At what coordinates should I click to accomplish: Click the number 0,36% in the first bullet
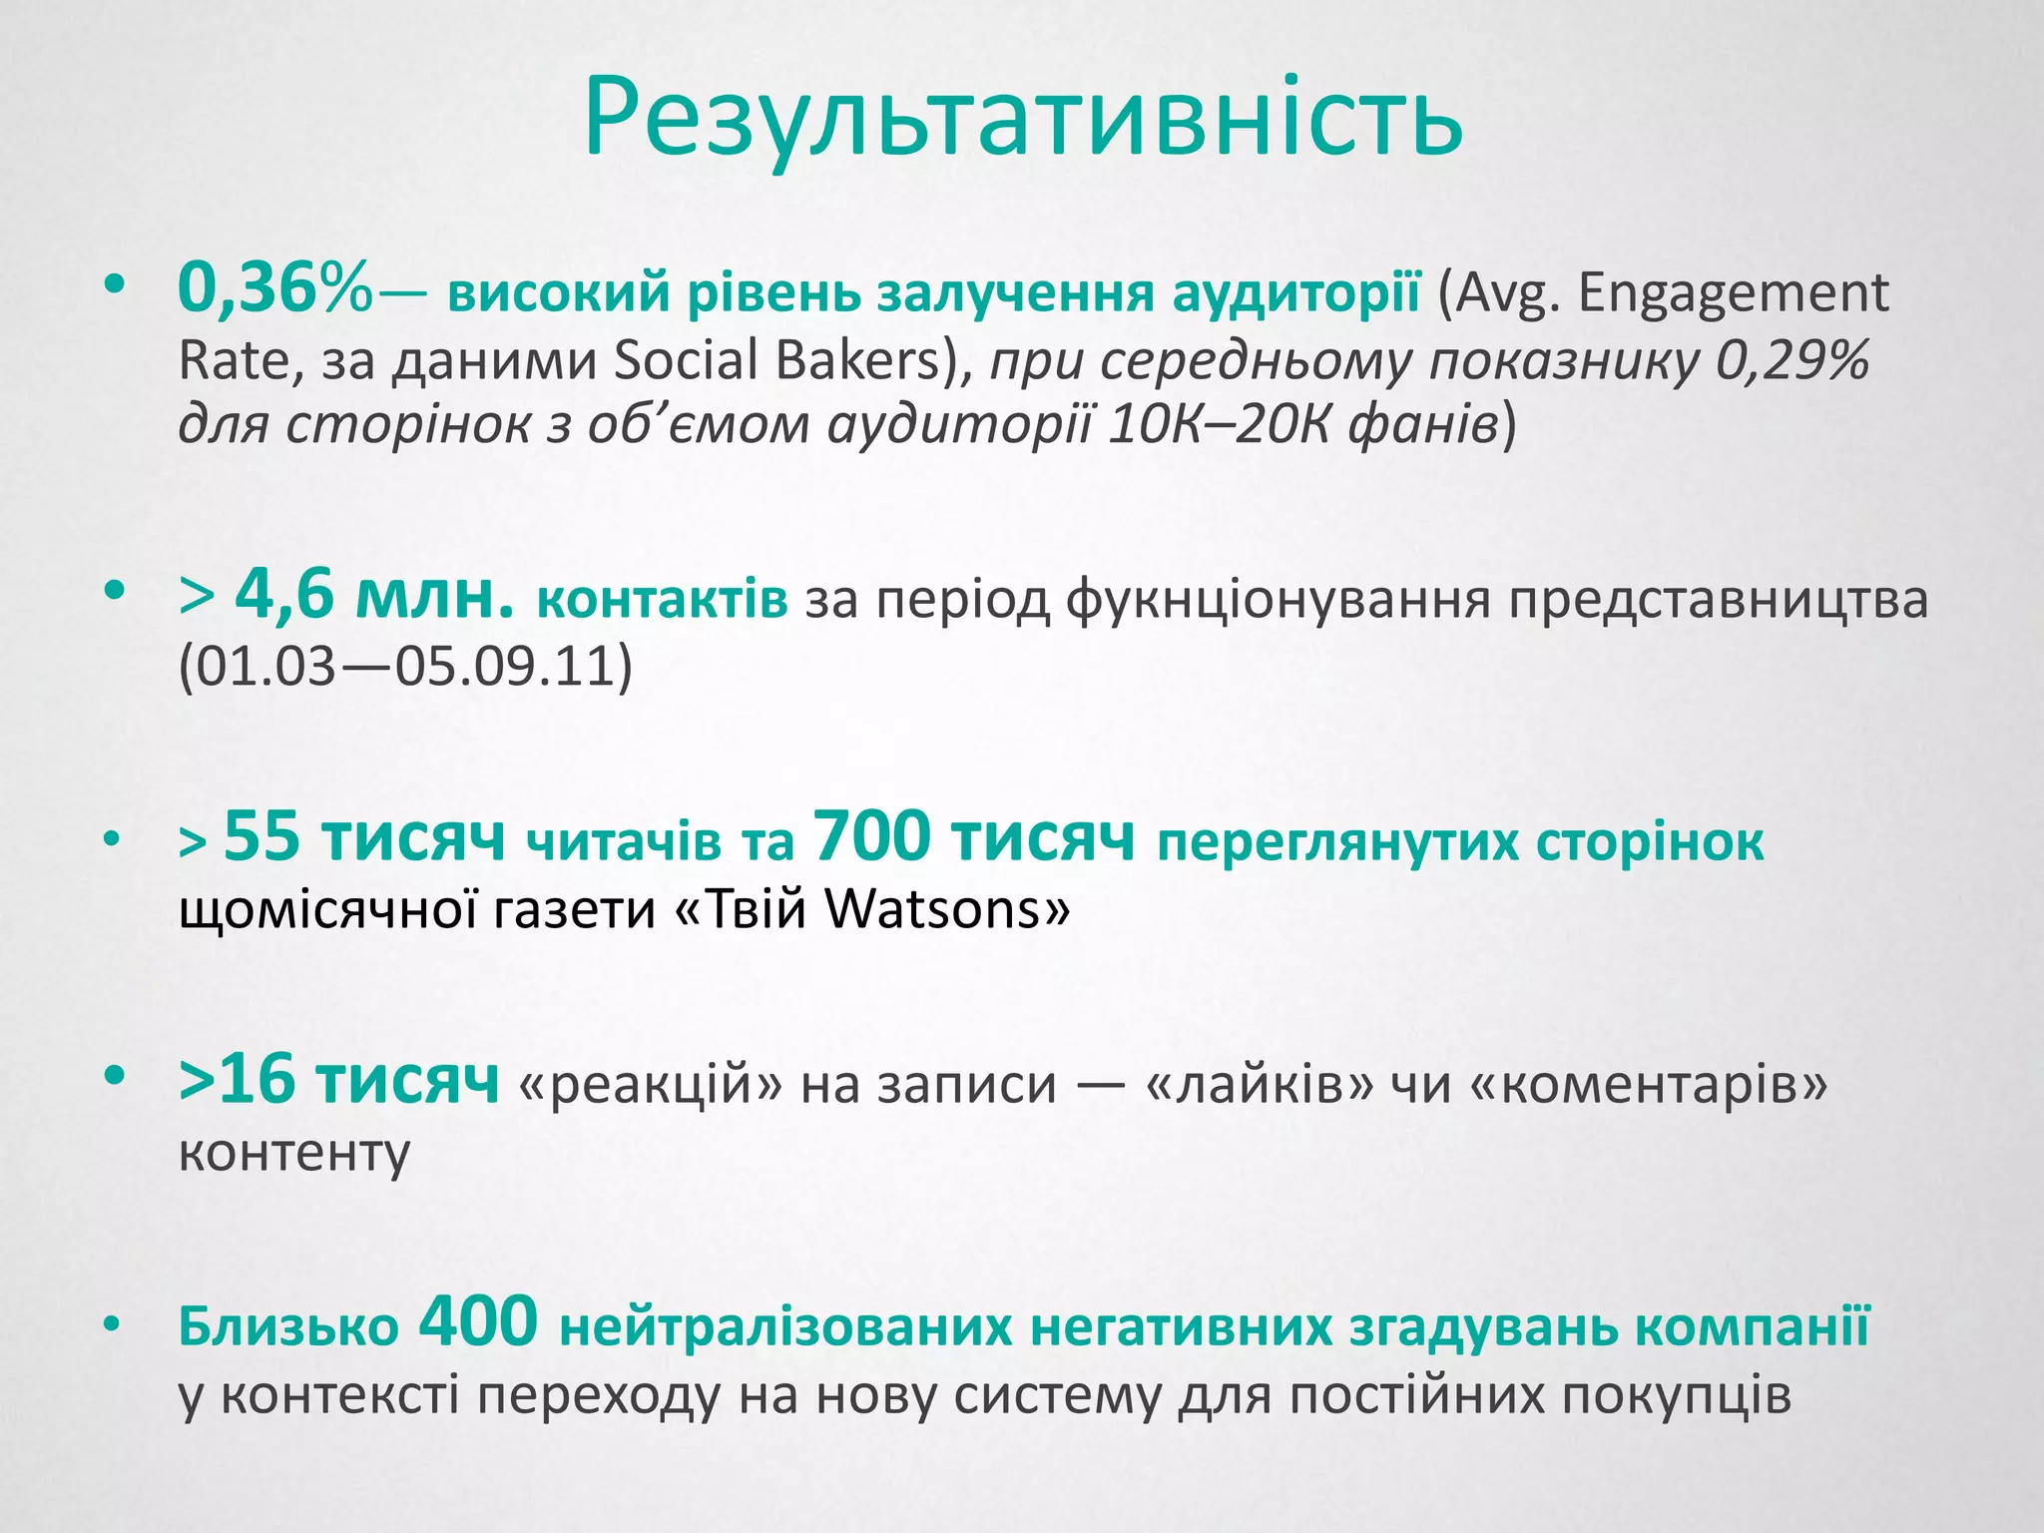coord(274,289)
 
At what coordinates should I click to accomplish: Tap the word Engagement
coord(1734,293)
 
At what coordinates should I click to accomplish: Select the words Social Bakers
coord(776,359)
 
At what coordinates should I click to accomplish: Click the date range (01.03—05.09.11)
coord(405,667)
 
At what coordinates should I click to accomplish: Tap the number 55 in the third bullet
coord(261,836)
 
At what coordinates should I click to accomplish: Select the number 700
coord(872,836)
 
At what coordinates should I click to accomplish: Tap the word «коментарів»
coord(1649,1084)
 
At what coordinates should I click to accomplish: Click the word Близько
coord(288,1327)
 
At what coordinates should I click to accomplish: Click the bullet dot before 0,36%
coord(116,287)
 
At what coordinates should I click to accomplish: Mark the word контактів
coord(662,601)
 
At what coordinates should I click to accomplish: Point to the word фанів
coord(1423,424)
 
